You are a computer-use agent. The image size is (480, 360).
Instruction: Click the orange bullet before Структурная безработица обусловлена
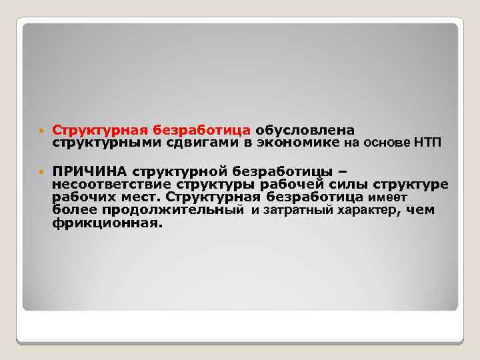pos(41,129)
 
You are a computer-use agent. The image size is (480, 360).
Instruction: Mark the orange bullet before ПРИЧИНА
pos(41,171)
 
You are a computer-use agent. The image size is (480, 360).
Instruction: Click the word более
pos(75,211)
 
